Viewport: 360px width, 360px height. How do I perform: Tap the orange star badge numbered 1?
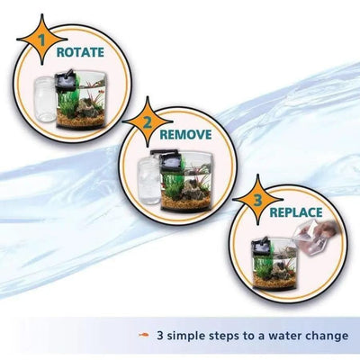click(39, 44)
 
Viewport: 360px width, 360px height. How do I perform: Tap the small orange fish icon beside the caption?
click(144, 336)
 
